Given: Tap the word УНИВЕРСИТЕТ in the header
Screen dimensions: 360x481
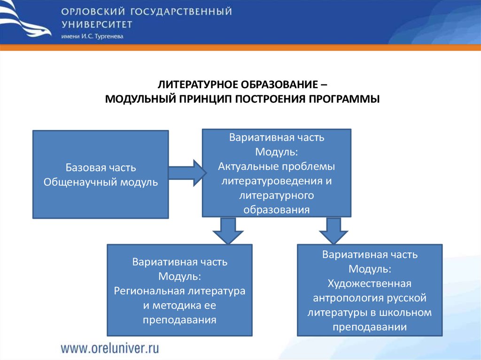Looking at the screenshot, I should pyautogui.click(x=96, y=24).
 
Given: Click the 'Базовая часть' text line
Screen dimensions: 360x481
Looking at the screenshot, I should pyautogui.click(x=101, y=168).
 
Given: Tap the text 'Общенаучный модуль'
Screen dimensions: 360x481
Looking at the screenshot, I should pyautogui.click(x=101, y=182).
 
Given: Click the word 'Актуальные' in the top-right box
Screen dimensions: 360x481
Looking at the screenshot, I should pyautogui.click(x=248, y=167).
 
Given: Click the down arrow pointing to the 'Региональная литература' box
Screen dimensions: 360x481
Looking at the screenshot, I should pyautogui.click(x=228, y=230).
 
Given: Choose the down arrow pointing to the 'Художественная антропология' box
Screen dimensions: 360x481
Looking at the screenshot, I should pyautogui.click(x=334, y=230).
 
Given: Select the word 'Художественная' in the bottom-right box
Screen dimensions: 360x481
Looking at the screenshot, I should pyautogui.click(x=370, y=283).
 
